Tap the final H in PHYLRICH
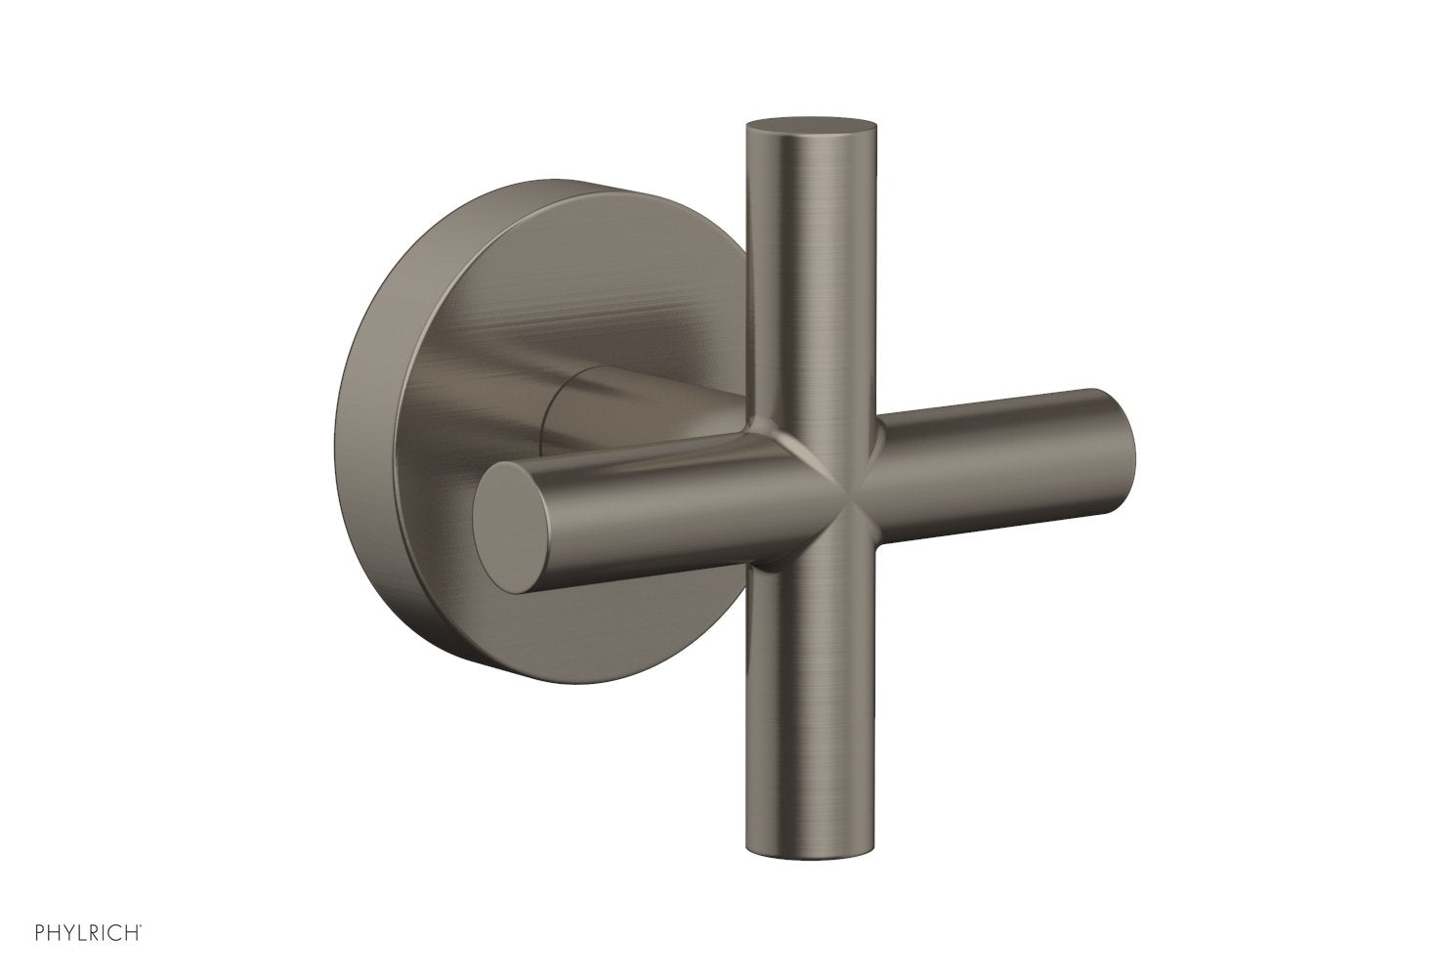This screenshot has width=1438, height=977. [136, 949]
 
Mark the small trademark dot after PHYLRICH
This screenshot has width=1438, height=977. [147, 944]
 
